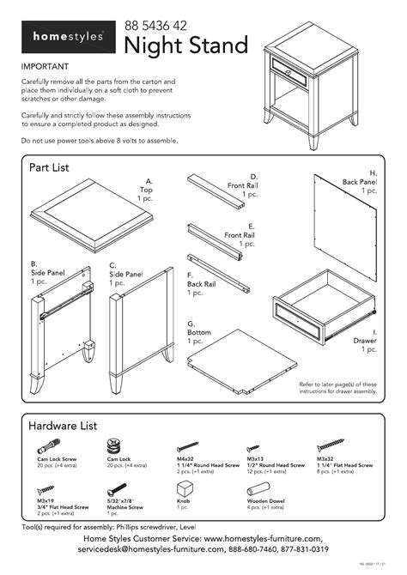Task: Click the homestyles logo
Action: [69, 37]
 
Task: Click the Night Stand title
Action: [186, 45]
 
